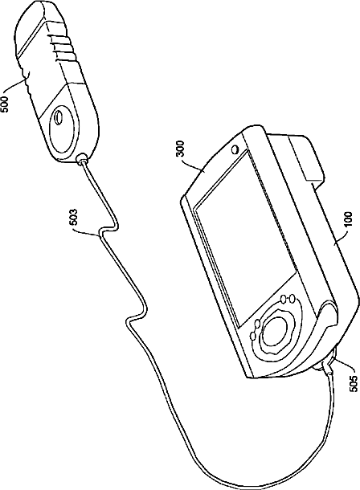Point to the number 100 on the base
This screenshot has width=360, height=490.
348,219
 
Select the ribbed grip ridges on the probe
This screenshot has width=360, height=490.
63,47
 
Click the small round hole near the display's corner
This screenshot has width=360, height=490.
235,149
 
